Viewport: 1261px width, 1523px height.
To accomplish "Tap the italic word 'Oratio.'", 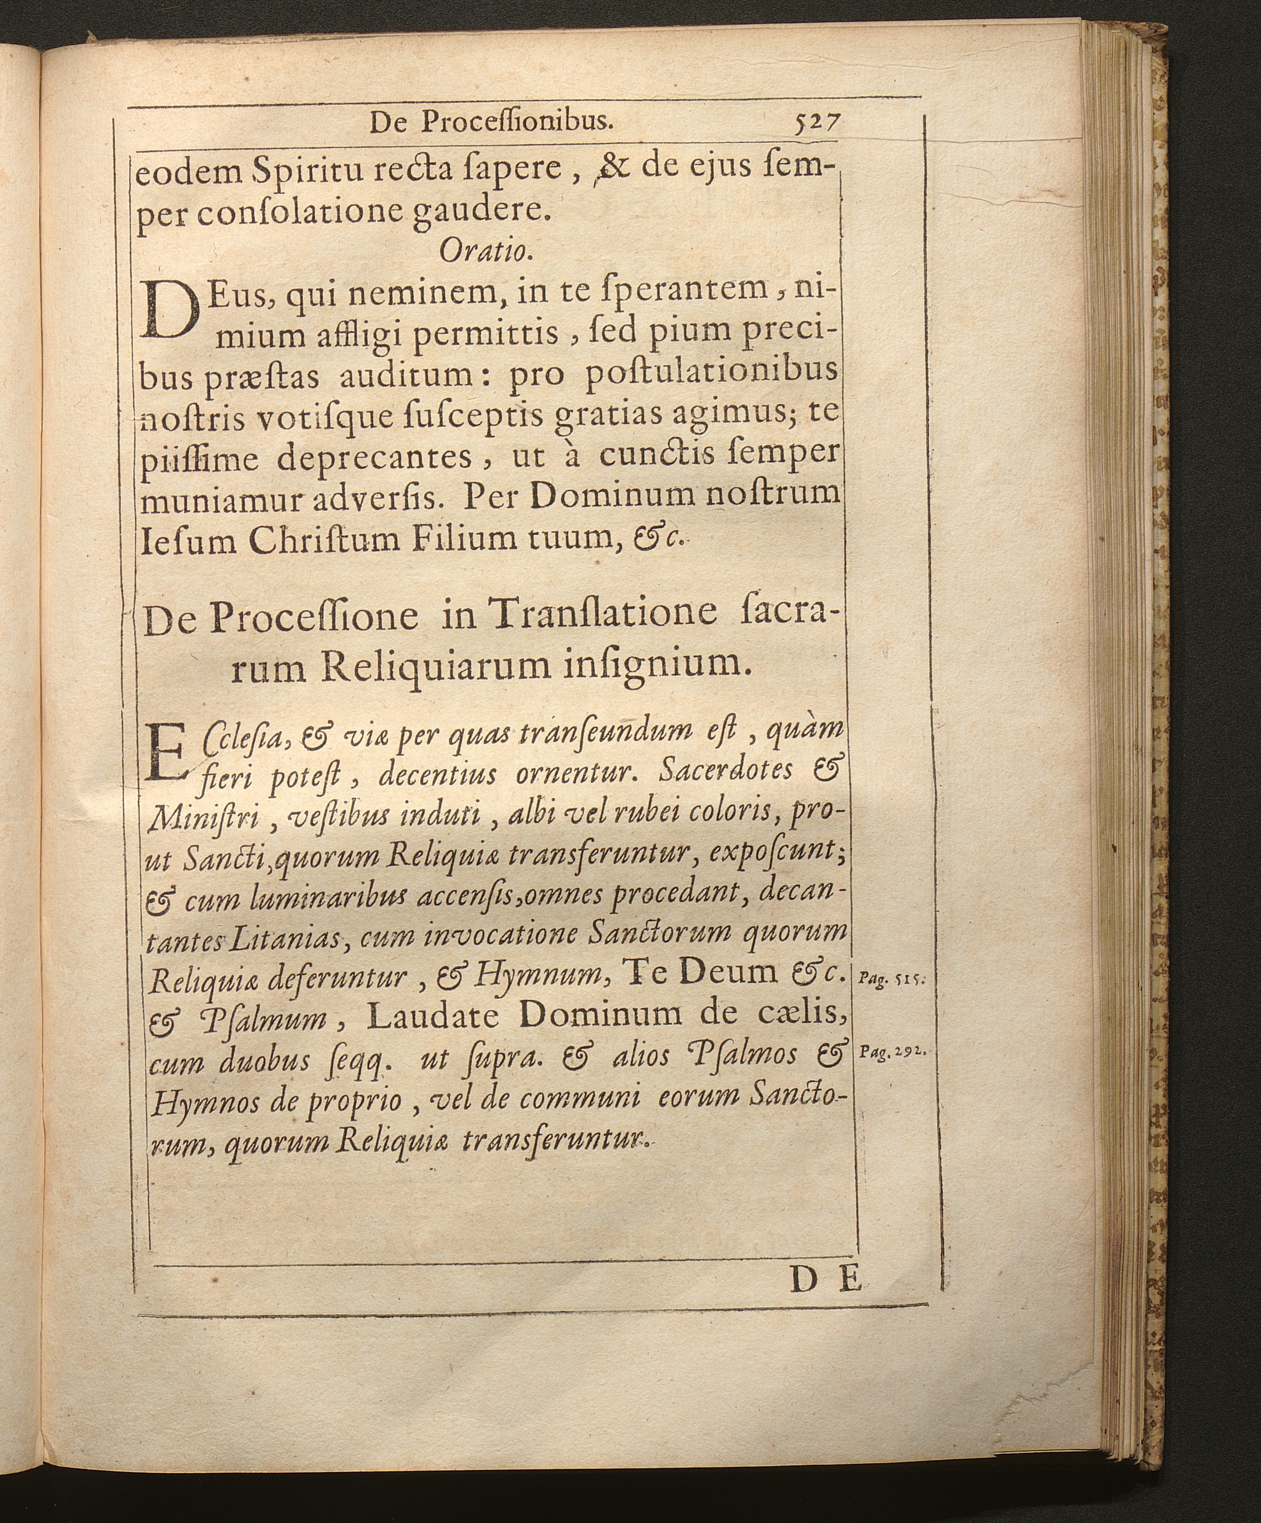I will (x=487, y=251).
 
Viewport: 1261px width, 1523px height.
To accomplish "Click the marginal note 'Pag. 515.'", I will (x=889, y=978).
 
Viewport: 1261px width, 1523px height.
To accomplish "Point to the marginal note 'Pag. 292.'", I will (x=891, y=1052).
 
